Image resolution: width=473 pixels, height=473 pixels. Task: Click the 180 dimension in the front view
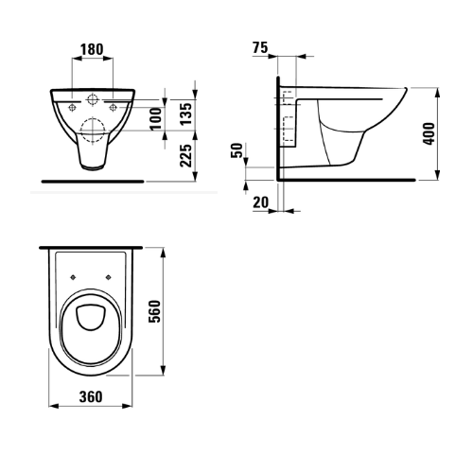click(92, 47)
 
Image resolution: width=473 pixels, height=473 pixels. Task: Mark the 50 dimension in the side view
click(236, 153)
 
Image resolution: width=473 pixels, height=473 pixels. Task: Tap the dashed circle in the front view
click(92, 128)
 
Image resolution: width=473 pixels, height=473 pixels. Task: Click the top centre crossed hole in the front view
click(92, 99)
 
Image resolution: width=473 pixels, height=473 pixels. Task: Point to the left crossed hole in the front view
click(69, 107)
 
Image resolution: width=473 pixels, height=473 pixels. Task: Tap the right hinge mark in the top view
click(111, 276)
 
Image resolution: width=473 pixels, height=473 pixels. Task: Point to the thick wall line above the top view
click(91, 247)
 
